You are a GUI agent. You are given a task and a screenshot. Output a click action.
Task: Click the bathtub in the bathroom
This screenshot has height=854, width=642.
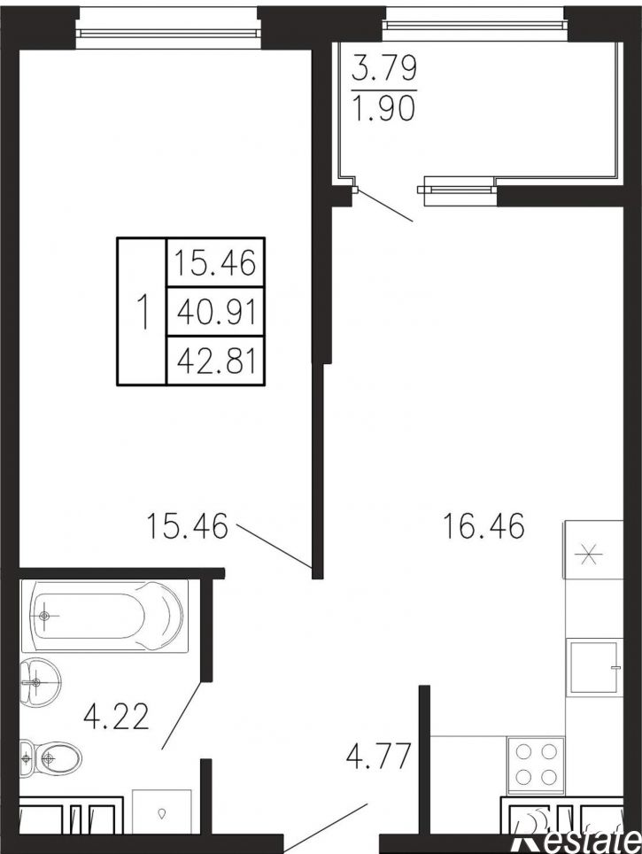click(104, 616)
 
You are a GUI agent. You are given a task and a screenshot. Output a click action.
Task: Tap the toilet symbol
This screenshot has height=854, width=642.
click(50, 757)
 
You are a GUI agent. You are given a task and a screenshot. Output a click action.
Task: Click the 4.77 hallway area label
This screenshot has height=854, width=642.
click(378, 757)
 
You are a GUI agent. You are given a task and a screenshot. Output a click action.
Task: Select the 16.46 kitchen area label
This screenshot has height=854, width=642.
click(484, 525)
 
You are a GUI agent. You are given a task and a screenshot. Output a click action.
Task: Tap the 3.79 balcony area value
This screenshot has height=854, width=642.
click(384, 69)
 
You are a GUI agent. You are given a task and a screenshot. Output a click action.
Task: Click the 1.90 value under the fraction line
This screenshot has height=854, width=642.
click(384, 107)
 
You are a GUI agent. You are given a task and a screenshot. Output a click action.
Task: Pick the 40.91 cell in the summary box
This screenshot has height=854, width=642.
click(216, 312)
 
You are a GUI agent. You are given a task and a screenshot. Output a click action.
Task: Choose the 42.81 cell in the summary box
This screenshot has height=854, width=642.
click(216, 361)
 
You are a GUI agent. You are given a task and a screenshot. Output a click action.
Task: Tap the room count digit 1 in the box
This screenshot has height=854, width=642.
click(143, 312)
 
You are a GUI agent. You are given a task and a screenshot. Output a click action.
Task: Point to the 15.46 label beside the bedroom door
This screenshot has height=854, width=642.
click(187, 526)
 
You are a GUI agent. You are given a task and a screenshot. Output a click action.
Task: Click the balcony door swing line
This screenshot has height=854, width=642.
click(384, 205)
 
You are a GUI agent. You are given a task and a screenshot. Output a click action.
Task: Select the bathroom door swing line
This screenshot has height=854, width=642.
click(182, 714)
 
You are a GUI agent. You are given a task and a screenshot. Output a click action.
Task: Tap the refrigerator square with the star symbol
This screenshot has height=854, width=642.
click(593, 550)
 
